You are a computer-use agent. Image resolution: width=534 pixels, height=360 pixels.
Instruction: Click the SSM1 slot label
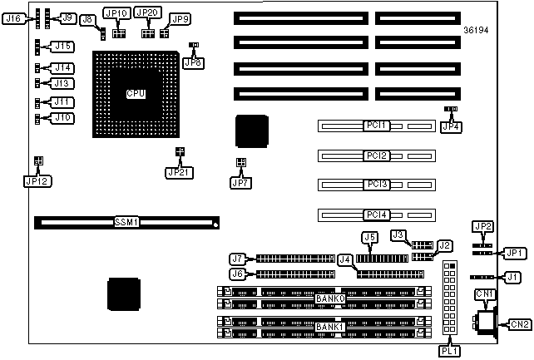[x=126, y=223]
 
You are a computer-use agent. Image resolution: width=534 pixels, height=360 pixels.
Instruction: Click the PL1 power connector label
[x=450, y=350]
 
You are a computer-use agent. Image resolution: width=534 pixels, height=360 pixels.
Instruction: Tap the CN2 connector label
[x=520, y=324]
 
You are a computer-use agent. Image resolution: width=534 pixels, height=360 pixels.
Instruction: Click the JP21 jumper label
[x=178, y=172]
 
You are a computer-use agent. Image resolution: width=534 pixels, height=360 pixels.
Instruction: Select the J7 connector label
[x=237, y=258]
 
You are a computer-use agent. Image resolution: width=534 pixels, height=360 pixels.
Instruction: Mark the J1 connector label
[x=514, y=277]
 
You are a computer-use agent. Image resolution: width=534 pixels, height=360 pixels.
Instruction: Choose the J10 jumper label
[x=62, y=118]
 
